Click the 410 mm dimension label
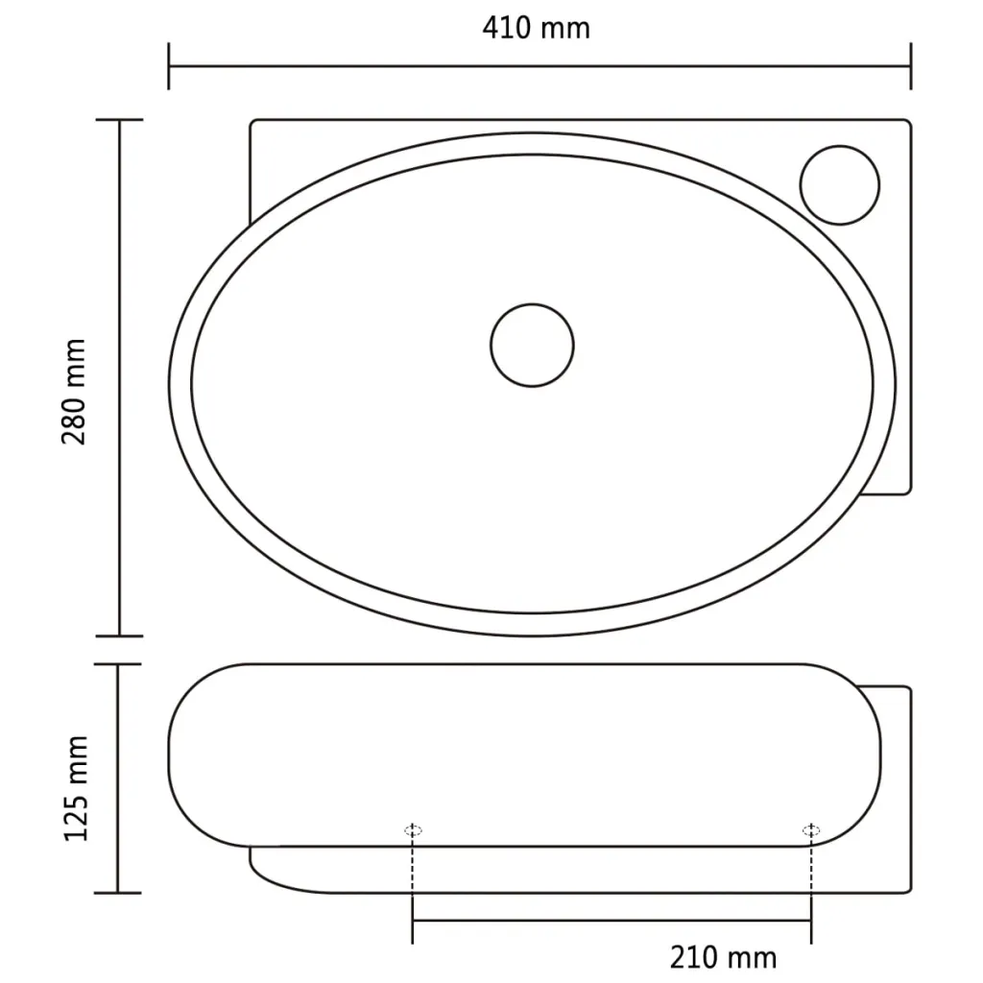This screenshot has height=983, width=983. coord(536,28)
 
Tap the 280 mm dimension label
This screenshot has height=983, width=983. coord(74,392)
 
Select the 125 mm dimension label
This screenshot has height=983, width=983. coord(76,788)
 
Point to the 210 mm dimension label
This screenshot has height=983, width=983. coord(723,957)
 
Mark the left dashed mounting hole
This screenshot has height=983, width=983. coord(413,830)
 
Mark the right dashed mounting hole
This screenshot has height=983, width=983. coord(811,830)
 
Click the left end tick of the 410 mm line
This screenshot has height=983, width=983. coord(169,66)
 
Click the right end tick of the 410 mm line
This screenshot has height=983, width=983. coord(910,66)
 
